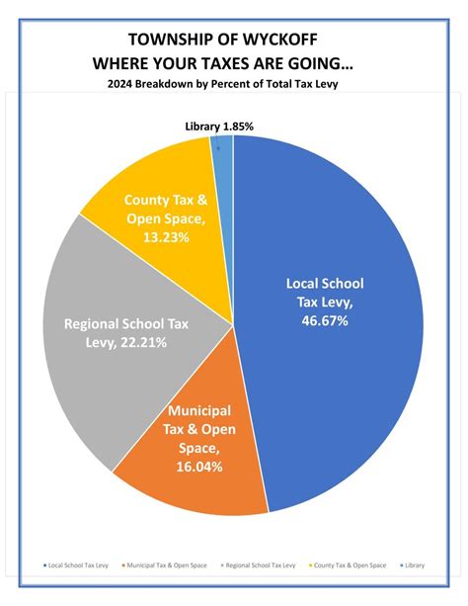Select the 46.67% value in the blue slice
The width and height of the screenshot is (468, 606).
pyautogui.click(x=318, y=321)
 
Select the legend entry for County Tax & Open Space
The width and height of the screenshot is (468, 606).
pyautogui.click(x=349, y=565)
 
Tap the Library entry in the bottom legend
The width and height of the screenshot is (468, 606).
pyautogui.click(x=412, y=565)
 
